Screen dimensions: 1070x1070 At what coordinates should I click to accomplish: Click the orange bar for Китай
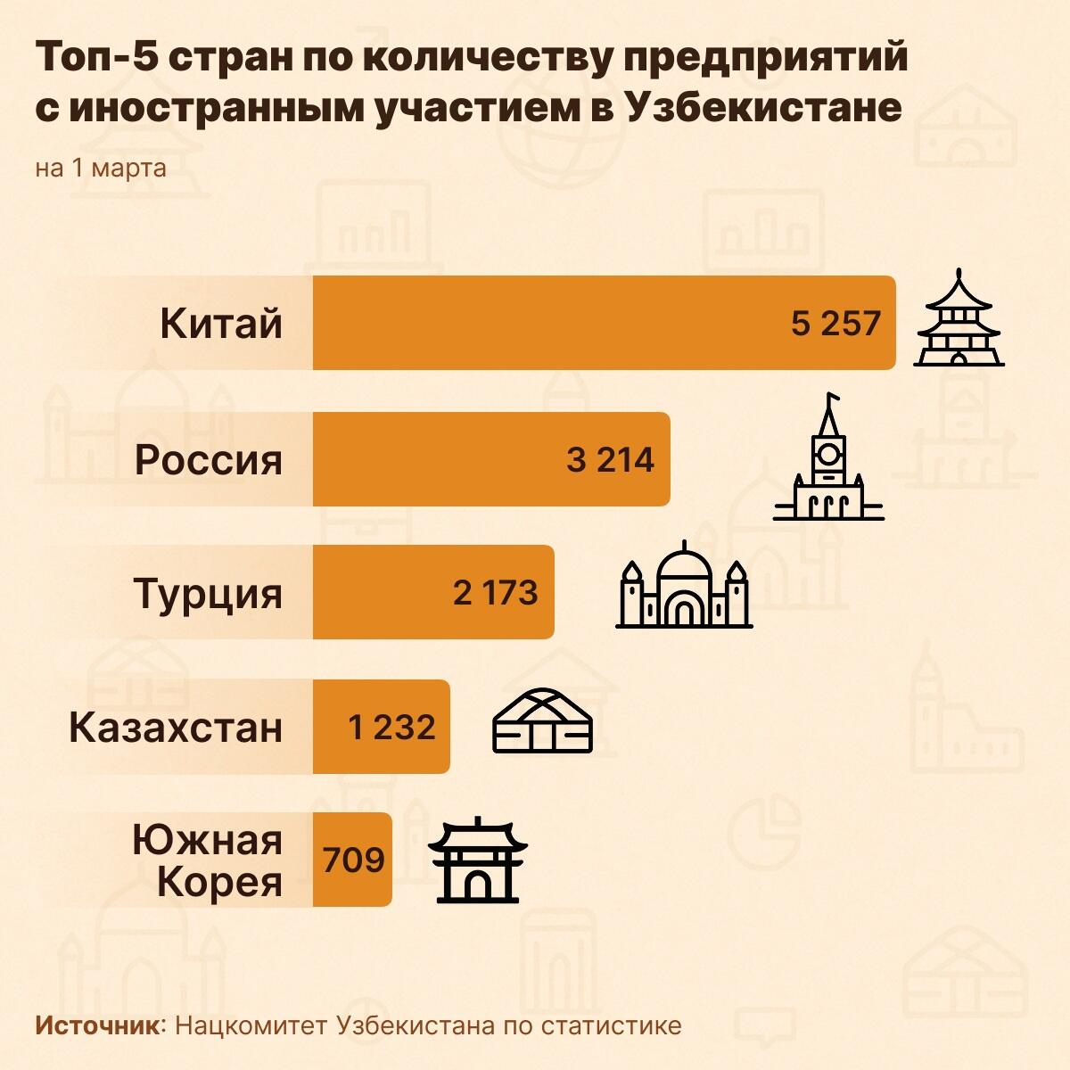pyautogui.click(x=553, y=323)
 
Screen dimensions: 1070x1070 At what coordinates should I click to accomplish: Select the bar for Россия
pyautogui.click(x=446, y=459)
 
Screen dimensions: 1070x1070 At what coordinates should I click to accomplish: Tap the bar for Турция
pyautogui.click(x=383, y=593)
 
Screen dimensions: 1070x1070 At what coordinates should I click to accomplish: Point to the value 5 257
pyautogui.click(x=835, y=323)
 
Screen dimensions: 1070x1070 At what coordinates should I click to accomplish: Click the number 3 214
pyautogui.click(x=610, y=459)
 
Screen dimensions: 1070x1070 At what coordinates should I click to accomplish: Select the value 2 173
pyautogui.click(x=495, y=593)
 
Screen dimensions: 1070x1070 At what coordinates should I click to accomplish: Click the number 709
pyautogui.click(x=354, y=860)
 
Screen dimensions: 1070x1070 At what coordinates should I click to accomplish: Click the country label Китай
pyautogui.click(x=221, y=323)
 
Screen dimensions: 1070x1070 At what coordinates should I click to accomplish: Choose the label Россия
pyautogui.click(x=208, y=459)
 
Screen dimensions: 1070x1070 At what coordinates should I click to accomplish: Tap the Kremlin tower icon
pyautogui.click(x=828, y=459)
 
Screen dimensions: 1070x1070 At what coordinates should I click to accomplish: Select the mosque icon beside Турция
pyautogui.click(x=684, y=588)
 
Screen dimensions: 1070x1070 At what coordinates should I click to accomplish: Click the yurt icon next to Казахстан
pyautogui.click(x=542, y=722)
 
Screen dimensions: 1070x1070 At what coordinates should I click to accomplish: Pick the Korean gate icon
pyautogui.click(x=479, y=860)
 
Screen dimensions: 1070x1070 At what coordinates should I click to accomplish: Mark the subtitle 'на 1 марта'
pyautogui.click(x=101, y=168)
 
